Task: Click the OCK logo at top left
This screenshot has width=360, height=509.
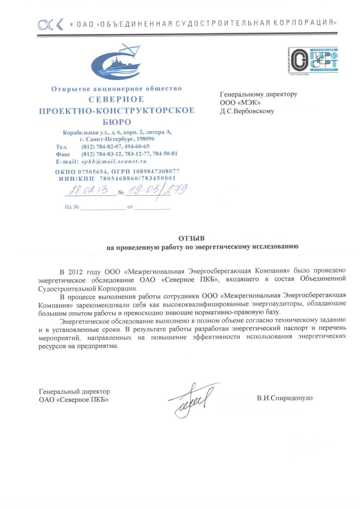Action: point(50,24)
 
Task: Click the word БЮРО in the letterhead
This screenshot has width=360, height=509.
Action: point(117,122)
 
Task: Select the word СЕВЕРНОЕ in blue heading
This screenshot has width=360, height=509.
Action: point(116,99)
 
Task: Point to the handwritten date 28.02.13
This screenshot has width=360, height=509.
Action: point(88,190)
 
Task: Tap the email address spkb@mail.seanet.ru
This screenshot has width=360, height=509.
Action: point(114,161)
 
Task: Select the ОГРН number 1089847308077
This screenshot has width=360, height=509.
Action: point(156,171)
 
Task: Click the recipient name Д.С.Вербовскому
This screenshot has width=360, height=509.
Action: point(247,111)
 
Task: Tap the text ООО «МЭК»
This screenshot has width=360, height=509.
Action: point(240,103)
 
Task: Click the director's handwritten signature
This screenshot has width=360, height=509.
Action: point(192,400)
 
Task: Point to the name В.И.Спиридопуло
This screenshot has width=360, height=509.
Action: point(285,398)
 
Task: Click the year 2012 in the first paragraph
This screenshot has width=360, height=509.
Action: point(75,272)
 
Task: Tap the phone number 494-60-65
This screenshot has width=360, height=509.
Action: point(137,146)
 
